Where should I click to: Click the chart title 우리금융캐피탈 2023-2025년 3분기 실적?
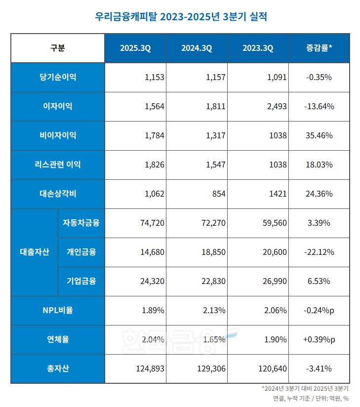[180, 16]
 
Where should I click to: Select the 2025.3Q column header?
[135, 48]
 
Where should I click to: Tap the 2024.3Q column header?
[196, 48]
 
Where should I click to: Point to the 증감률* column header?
[319, 48]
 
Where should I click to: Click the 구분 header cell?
[57, 48]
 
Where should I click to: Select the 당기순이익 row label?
[57, 78]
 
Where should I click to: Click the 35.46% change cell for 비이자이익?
[319, 136]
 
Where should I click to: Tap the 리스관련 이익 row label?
[57, 165]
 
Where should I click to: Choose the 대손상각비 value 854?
[218, 194]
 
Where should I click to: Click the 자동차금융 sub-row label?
[81, 223]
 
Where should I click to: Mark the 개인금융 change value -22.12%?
[319, 252]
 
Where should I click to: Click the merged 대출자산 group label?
[31, 252]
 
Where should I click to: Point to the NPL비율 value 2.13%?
[214, 311]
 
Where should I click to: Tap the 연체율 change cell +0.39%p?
[319, 340]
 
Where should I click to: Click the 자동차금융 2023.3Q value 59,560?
[274, 223]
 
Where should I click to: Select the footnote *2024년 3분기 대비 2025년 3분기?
[305, 389]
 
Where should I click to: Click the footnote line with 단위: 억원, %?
[311, 399]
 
